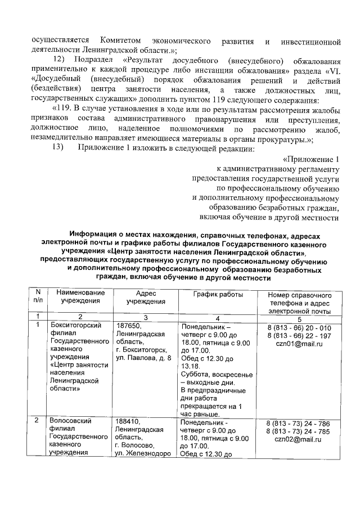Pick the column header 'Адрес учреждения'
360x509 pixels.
click(146, 298)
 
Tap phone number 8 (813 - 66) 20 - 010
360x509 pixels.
click(299, 328)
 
